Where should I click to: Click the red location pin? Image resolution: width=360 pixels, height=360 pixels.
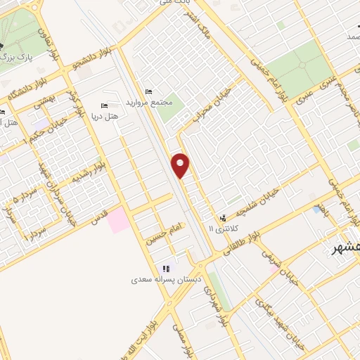pos(181,165)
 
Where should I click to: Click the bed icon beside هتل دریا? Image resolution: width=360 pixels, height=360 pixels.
pos(105,106)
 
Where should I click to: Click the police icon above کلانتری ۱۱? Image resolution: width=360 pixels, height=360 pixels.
pos(224,218)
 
